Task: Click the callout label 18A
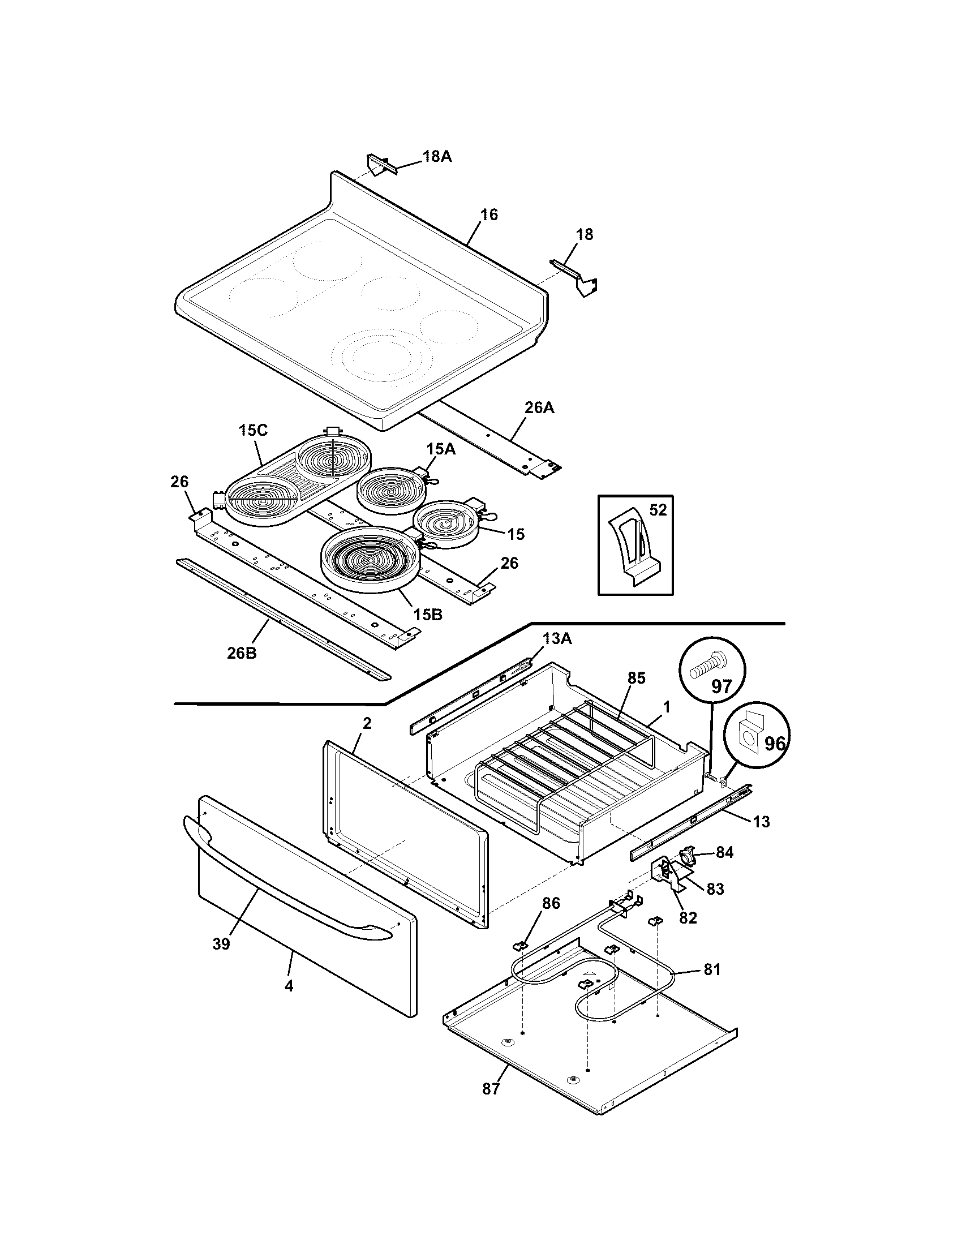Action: click(x=436, y=156)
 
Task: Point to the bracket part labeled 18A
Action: click(x=377, y=165)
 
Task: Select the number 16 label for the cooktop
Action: click(x=489, y=214)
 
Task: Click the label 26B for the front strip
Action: click(x=242, y=653)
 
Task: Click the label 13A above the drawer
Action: click(x=557, y=639)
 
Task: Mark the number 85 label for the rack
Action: click(x=636, y=679)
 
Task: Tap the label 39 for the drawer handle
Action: click(x=221, y=944)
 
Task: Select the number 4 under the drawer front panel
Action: click(x=289, y=986)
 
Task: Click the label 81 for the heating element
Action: click(x=712, y=969)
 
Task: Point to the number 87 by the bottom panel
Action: click(x=491, y=1088)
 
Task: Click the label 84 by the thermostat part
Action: click(x=724, y=868)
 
